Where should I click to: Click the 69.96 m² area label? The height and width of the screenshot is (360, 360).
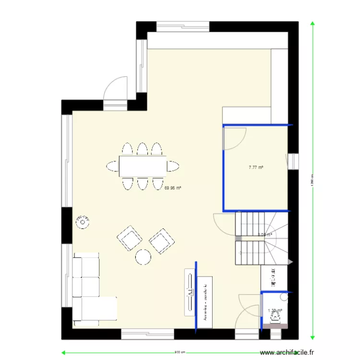click(173, 188)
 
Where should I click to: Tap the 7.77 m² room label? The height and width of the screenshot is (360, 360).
click(256, 168)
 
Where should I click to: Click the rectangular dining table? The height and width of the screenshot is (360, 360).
click(143, 166)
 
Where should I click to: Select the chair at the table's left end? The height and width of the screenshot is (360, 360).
click(113, 166)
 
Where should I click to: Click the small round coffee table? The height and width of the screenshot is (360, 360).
click(143, 257)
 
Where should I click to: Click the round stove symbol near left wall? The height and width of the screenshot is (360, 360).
click(84, 222)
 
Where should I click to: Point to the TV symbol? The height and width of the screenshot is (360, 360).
click(190, 292)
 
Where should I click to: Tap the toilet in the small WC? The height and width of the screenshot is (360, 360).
click(276, 316)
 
